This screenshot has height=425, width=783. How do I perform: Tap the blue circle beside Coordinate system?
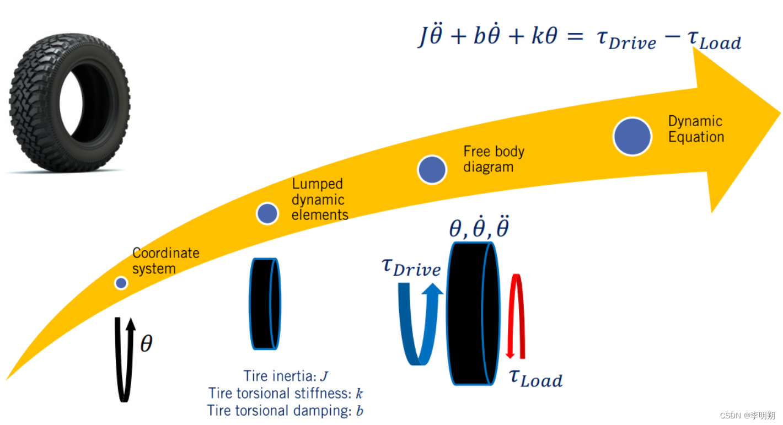[x=121, y=283]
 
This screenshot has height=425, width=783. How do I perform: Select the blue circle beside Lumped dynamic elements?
[x=268, y=213]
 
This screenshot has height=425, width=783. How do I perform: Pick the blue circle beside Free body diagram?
[x=432, y=169]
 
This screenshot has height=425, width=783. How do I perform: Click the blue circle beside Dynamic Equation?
[x=632, y=136]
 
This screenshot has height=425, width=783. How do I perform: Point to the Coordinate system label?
[x=165, y=261]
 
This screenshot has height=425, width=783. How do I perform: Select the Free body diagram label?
[x=493, y=159]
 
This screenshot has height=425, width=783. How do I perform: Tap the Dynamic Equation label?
[x=695, y=129]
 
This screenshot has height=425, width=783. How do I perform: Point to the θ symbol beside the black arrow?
[x=146, y=344]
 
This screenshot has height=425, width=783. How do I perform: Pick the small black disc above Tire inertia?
[x=265, y=303]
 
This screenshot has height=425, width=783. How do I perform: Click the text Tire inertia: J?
[x=286, y=376]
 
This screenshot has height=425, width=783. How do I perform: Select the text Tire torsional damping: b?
[x=285, y=411]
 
